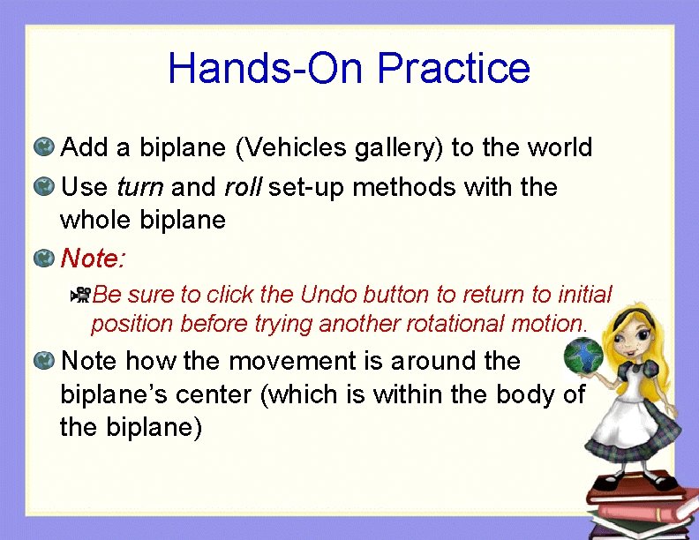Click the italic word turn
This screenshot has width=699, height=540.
139,187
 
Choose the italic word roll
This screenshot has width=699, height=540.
243,187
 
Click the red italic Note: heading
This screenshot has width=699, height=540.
93,259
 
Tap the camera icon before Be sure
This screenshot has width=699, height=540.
80,294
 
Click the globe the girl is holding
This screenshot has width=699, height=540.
582,356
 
